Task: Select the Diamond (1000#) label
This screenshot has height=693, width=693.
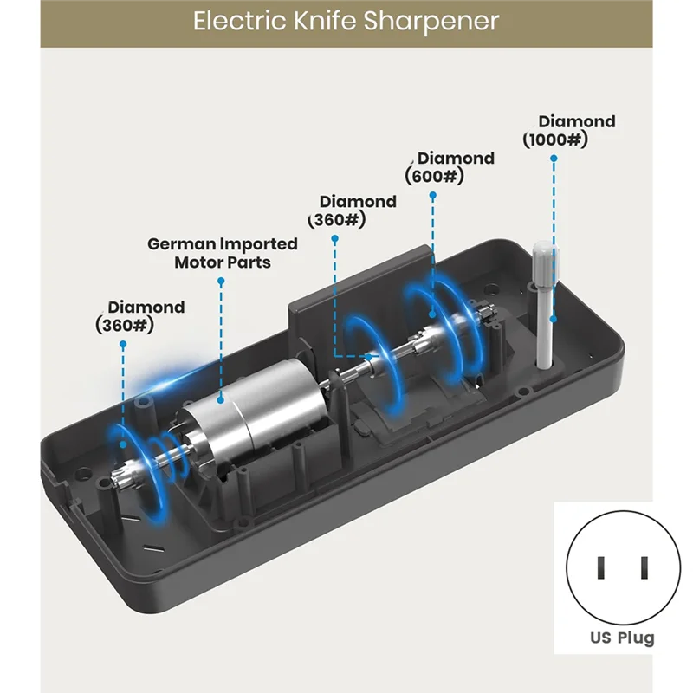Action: coord(569,131)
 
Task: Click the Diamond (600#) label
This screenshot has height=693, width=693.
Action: coord(450,167)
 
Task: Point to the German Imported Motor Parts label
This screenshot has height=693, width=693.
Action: coord(223,253)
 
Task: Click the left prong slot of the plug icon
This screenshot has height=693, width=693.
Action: coord(600,568)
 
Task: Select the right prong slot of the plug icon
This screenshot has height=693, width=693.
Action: coord(644,568)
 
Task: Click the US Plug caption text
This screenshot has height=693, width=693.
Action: coord(622,638)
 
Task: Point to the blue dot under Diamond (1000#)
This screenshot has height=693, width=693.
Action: coord(554,158)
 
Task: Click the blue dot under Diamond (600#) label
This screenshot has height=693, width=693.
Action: coord(432,195)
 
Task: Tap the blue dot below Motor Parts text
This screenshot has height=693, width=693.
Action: coord(221,281)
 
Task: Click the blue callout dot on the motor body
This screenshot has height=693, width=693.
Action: coord(221,400)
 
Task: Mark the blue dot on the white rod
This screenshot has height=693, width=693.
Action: coord(554,319)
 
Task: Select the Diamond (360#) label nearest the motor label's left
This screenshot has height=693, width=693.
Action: coord(140,316)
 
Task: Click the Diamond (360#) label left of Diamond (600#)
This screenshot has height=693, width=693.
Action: coord(353,210)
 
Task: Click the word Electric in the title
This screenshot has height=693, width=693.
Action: coord(240,21)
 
